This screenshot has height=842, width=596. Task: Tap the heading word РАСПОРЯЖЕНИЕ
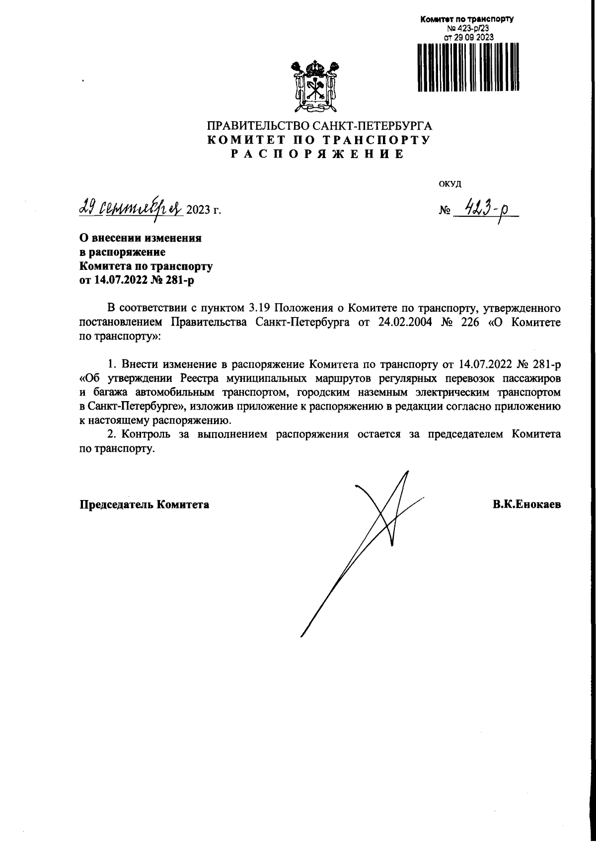click(x=318, y=154)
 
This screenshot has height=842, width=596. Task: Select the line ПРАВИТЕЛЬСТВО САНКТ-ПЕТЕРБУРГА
click(x=318, y=126)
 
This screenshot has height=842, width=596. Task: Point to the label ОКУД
click(x=450, y=184)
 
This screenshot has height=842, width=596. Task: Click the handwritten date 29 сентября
click(x=131, y=207)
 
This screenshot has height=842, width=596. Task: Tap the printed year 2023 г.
click(x=203, y=210)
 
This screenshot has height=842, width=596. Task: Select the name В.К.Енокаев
click(x=527, y=505)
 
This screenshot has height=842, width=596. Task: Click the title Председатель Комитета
click(x=145, y=505)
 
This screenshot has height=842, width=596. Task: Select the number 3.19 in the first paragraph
click(x=259, y=308)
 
